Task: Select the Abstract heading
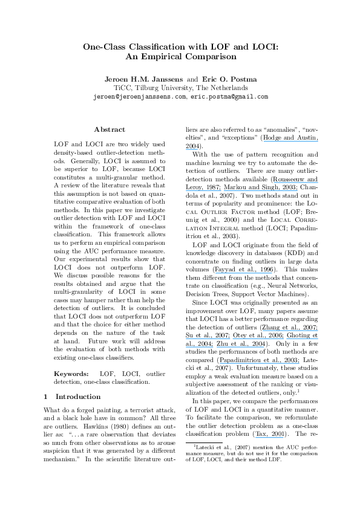click(110, 129)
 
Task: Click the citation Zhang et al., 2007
click(293, 327)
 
